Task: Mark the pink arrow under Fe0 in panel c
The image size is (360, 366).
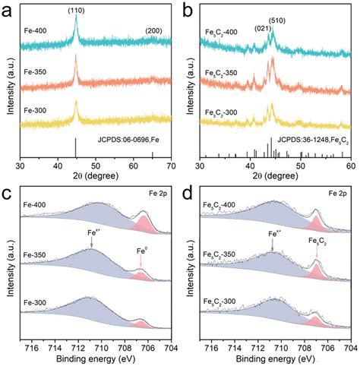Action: [141, 261]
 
